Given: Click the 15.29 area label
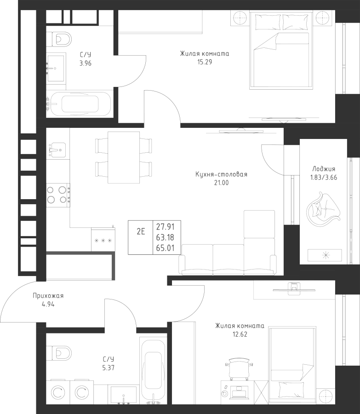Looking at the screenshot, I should pos(205,62).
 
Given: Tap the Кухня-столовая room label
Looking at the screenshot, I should pos(221,174).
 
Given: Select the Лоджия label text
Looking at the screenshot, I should pos(324,169).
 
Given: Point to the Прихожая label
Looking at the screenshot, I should pos(48,296).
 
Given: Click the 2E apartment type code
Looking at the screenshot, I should pos(141,231).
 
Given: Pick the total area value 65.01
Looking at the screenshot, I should pos(165,248).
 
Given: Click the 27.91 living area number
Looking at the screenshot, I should pos(165,226).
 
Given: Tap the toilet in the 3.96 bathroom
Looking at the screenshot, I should pos(60,38).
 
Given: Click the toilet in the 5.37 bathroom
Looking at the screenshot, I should pos(60,353).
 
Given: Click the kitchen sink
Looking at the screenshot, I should pos(57,149).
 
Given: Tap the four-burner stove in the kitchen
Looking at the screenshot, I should pos(57,194).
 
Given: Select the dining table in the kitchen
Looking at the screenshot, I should pos(124,157).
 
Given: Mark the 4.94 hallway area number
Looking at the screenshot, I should pos(47,305).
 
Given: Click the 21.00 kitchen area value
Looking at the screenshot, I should pos(221,183).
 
